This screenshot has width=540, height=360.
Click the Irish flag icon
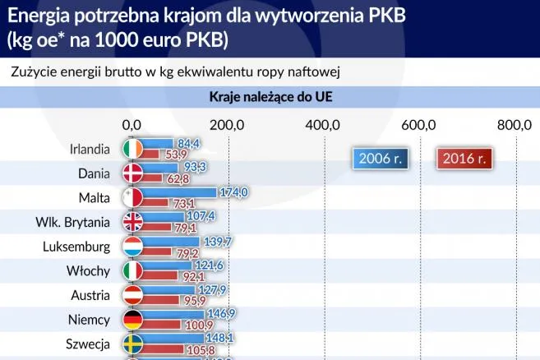(x=132, y=149)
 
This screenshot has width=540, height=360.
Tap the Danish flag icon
(x=132, y=173)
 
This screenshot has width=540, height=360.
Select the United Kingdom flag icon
(x=132, y=222)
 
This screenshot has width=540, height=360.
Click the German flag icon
(x=132, y=319)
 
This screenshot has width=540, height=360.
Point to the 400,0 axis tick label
(x=323, y=124)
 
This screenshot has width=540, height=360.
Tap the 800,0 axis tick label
(x=515, y=124)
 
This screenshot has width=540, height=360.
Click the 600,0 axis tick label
(x=418, y=124)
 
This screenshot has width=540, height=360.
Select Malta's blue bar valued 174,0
(x=181, y=192)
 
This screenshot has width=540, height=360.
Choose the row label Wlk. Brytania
(x=73, y=222)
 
